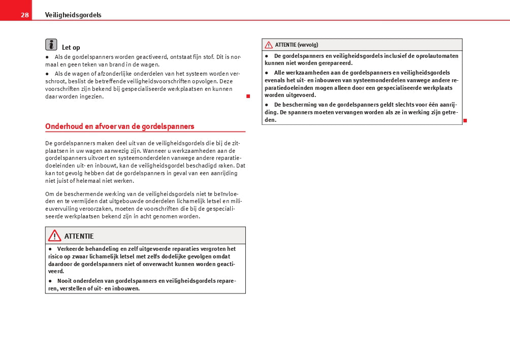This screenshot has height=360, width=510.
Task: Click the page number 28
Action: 24,15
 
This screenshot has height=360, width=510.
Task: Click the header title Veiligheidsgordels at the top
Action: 73,15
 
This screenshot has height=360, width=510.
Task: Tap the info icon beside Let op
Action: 51,45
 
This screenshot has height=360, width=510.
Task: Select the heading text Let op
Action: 71,48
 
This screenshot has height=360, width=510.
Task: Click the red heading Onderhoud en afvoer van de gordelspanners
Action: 120,126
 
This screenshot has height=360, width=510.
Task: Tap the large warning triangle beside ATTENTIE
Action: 54,236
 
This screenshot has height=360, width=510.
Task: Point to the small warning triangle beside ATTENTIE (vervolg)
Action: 269,45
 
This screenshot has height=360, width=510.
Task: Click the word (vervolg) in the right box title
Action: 308,45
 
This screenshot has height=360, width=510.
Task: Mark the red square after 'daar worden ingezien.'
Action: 248,96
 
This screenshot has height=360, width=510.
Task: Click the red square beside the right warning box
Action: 465,120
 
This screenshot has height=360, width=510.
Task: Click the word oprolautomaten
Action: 437,56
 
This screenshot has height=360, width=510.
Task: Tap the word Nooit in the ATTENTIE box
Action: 65,281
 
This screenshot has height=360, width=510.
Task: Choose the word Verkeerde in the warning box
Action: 72,249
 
